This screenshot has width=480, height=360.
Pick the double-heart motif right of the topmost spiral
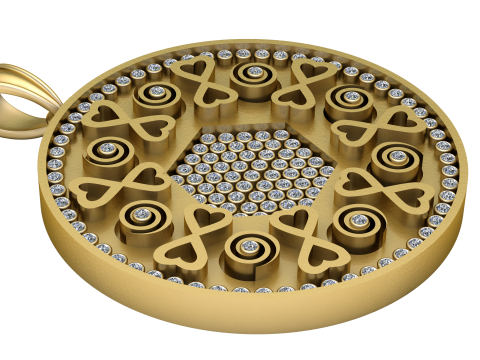pos(301,83)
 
